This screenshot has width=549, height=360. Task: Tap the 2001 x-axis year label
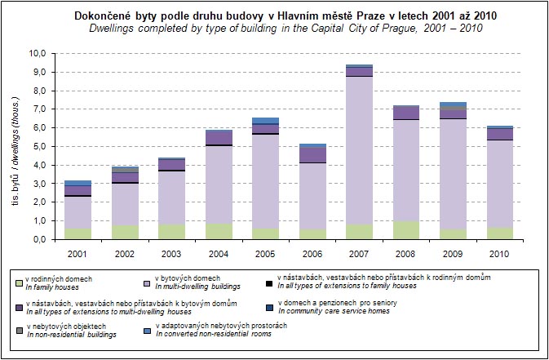click(x=78, y=254)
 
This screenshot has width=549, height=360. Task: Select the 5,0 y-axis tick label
click(x=38, y=146)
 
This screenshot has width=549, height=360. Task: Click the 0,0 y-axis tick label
click(x=38, y=239)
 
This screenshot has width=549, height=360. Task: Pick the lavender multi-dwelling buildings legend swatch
click(x=147, y=282)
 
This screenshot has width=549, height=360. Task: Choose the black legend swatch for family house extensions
click(x=270, y=282)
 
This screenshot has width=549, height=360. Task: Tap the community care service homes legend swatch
click(x=270, y=307)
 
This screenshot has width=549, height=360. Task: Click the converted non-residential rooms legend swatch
click(x=147, y=331)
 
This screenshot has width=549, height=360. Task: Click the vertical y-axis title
click(x=14, y=146)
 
